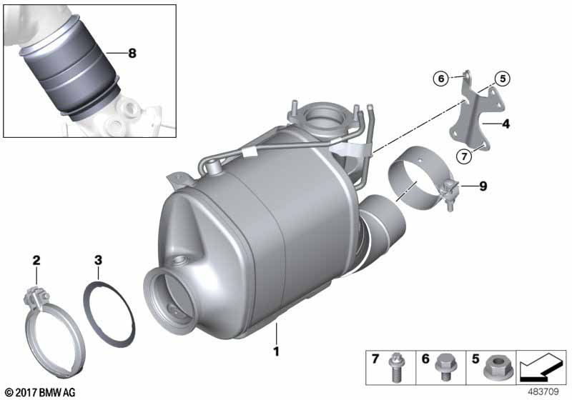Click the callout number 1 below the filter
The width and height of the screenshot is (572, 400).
[277, 351]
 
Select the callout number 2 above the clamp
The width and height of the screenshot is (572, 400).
[36, 261]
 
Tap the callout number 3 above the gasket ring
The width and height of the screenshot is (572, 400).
[98, 261]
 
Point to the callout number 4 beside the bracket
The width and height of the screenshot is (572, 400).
[506, 124]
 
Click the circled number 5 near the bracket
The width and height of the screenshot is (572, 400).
[503, 79]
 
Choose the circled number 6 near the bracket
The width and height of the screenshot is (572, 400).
[441, 79]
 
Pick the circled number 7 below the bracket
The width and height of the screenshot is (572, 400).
[464, 156]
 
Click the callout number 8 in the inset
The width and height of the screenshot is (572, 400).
[132, 54]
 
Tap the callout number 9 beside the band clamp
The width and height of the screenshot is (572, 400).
[483, 186]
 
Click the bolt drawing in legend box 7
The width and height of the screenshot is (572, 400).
[395, 367]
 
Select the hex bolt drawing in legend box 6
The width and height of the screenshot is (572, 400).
[444, 366]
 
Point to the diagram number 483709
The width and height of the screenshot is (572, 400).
[543, 392]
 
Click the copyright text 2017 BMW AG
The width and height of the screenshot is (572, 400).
[41, 393]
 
